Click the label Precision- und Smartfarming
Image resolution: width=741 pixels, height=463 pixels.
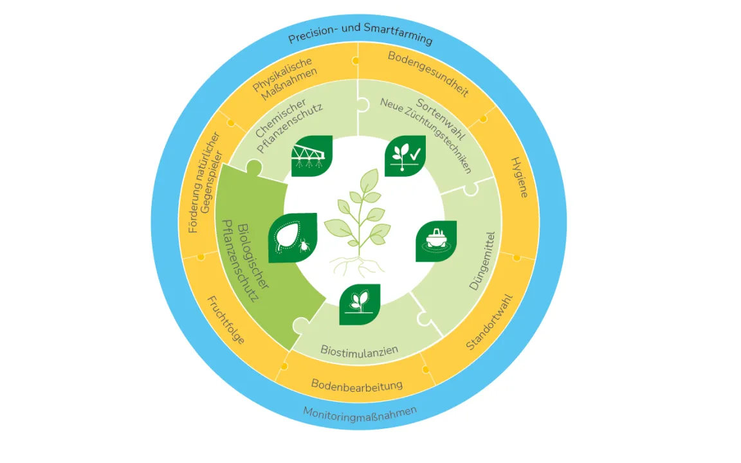(360, 37)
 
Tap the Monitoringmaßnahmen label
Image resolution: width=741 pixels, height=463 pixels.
(360, 412)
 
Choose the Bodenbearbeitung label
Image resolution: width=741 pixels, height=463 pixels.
(357, 385)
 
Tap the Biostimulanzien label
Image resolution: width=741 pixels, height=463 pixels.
(359, 350)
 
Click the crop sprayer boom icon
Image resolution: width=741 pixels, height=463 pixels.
(312, 156)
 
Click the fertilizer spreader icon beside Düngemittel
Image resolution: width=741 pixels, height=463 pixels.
(435, 242)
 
